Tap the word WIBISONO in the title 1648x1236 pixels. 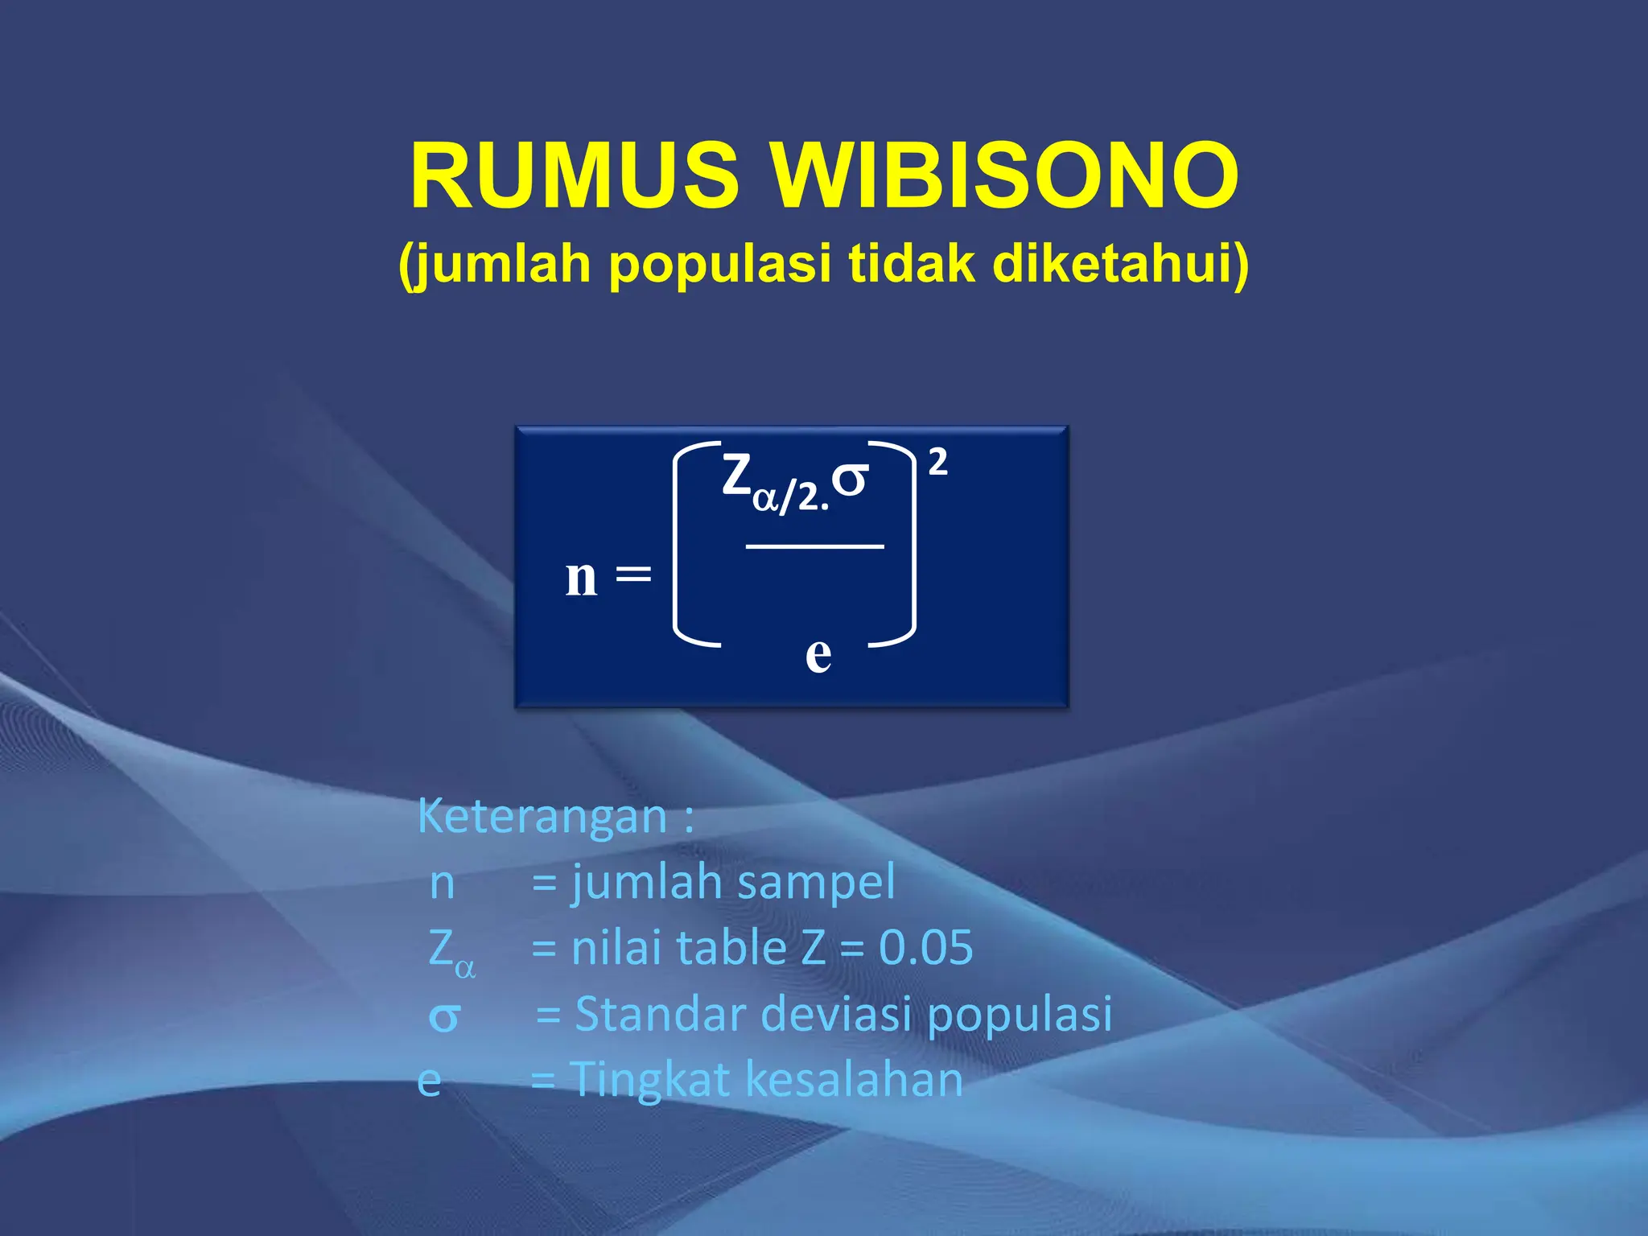tap(1006, 176)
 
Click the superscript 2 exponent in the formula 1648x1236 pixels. tap(937, 463)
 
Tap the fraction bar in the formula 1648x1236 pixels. tap(814, 546)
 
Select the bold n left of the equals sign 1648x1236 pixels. tap(581, 577)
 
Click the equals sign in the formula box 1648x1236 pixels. tap(633, 575)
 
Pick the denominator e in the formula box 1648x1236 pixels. tap(818, 654)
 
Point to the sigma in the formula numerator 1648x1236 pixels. tap(850, 479)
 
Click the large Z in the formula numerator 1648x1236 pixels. tap(736, 475)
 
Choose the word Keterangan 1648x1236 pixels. tap(542, 817)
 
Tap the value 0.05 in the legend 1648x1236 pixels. tap(925, 948)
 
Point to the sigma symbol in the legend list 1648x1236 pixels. tap(443, 1018)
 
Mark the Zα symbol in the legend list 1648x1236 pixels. tap(451, 951)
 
